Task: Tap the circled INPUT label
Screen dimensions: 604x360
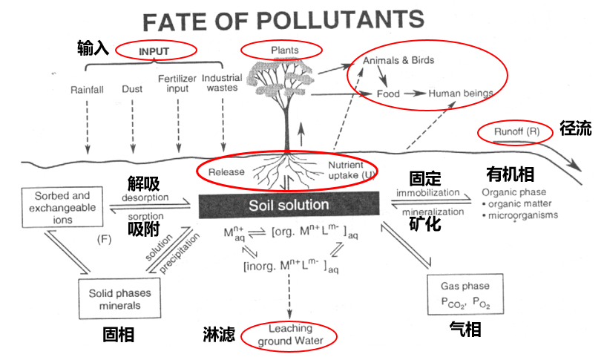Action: pyautogui.click(x=154, y=51)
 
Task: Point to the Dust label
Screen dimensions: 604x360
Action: pyautogui.click(x=132, y=89)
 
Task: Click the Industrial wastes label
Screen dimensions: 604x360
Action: pyautogui.click(x=221, y=82)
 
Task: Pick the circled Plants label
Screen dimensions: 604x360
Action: pyautogui.click(x=280, y=50)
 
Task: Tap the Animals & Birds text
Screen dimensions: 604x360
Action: pyautogui.click(x=398, y=60)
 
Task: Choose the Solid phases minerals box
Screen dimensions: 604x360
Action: pyautogui.click(x=119, y=298)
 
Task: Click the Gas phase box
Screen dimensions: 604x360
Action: pyautogui.click(x=465, y=293)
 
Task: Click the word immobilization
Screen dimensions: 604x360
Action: pyautogui.click(x=427, y=193)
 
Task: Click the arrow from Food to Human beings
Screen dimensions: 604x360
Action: pyautogui.click(x=416, y=94)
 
